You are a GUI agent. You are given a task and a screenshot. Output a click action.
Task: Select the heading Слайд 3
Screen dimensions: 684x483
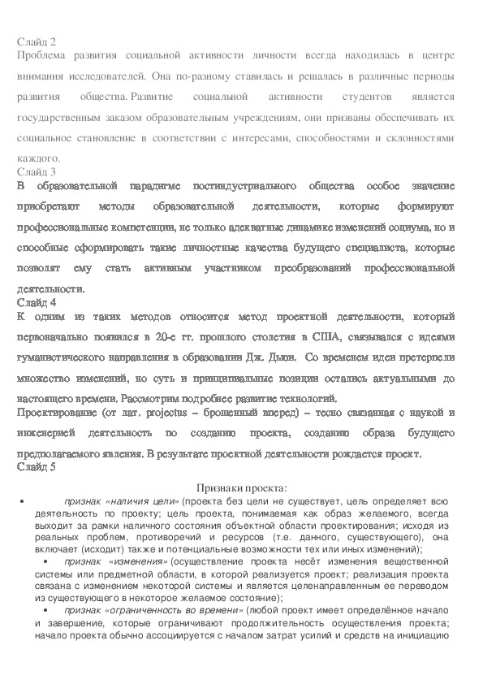pyautogui.click(x=36, y=171)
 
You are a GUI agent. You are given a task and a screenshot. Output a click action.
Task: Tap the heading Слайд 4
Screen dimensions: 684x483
pyautogui.click(x=36, y=301)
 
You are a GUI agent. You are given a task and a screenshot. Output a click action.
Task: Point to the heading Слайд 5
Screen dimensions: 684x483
pyautogui.click(x=36, y=467)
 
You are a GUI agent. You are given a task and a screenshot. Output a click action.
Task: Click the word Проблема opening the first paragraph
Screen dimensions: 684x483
pyautogui.click(x=42, y=54)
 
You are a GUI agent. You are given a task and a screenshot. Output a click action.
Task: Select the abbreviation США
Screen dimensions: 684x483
pyautogui.click(x=332, y=336)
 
